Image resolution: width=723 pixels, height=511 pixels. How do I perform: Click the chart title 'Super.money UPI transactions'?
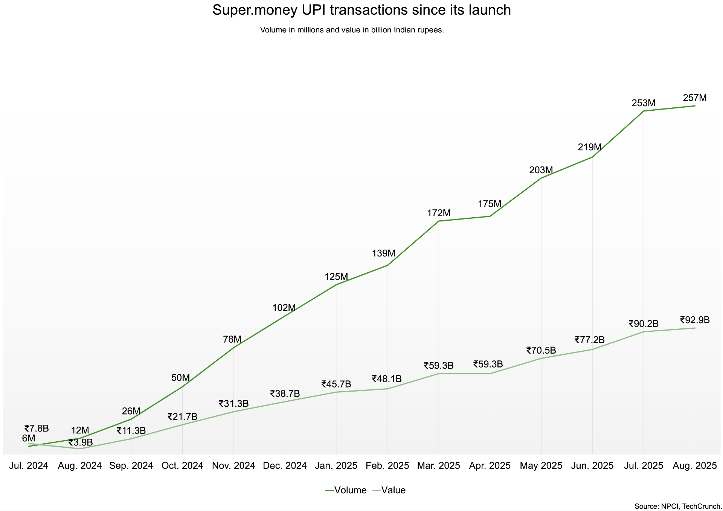click(361, 10)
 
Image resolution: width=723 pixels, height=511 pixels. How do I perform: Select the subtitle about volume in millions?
click(352, 30)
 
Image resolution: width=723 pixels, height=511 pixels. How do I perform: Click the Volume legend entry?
click(346, 490)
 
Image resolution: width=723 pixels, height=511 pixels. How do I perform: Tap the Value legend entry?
click(389, 490)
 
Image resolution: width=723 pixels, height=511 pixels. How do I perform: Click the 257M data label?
click(695, 98)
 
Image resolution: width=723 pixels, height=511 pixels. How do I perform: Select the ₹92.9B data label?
click(695, 320)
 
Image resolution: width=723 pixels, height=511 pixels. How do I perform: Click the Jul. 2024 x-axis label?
click(29, 466)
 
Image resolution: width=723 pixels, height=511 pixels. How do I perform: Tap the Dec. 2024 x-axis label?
click(285, 466)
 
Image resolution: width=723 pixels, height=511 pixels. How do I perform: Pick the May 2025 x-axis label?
click(541, 466)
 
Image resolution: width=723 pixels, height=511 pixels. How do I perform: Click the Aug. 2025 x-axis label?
click(695, 466)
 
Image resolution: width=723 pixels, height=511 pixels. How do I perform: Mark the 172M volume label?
click(439, 213)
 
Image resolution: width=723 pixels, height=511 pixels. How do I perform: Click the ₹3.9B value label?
click(80, 442)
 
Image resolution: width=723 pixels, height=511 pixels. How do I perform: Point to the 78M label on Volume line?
click(232, 339)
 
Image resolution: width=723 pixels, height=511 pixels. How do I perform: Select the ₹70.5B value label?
click(541, 351)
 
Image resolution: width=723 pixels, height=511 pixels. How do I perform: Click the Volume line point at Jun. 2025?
click(592, 157)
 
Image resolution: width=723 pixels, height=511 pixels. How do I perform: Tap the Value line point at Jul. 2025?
click(644, 331)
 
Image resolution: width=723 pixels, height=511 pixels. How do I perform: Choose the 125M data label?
click(336, 277)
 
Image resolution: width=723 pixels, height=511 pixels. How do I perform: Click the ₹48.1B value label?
click(387, 379)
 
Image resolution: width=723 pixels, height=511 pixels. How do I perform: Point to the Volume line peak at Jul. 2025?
click(644, 111)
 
